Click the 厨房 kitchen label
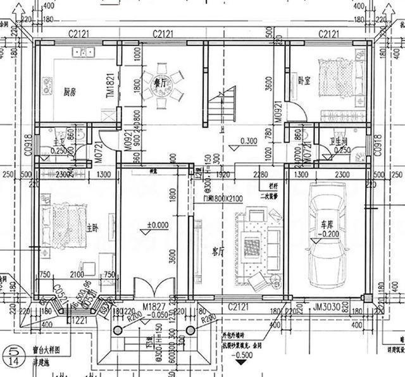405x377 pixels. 70,91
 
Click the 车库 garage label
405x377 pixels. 326,224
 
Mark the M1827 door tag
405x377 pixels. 154,306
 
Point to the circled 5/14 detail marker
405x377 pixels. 11,353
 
